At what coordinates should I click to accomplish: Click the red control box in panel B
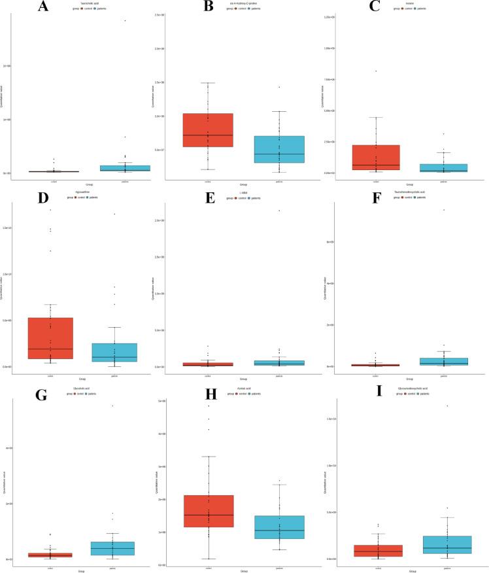coord(208,130)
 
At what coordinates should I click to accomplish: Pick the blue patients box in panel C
coord(444,168)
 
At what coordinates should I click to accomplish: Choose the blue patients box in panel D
coord(114,352)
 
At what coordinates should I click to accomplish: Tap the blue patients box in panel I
coord(448,544)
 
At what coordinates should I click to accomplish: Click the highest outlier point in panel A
coord(125,20)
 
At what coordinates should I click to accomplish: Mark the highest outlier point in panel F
coord(444,210)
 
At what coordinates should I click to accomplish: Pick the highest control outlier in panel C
coord(375,71)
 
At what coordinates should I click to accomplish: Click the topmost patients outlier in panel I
coord(448,406)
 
